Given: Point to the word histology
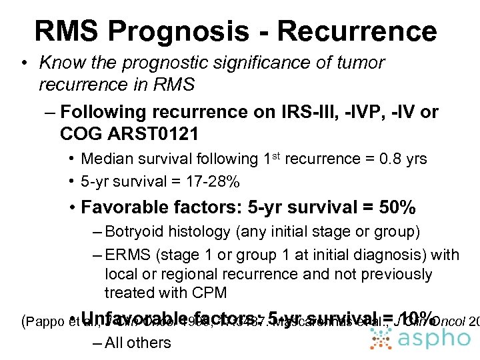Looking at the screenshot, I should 199,233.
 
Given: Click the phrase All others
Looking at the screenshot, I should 138,343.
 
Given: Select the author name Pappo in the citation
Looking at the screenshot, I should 45,322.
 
